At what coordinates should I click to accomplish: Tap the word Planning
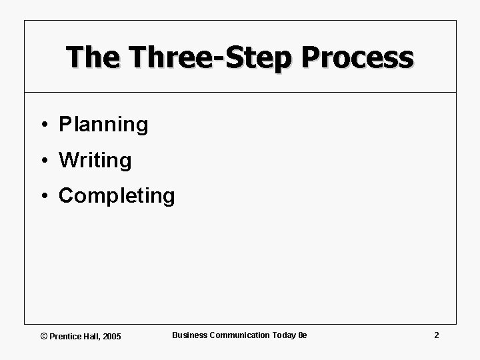103,125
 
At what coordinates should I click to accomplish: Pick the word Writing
95,160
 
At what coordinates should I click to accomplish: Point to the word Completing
117,196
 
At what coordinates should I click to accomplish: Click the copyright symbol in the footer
44,336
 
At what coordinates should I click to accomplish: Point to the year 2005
113,336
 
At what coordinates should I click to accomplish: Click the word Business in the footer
189,335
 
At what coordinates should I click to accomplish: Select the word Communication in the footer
239,335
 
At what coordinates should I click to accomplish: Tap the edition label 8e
302,335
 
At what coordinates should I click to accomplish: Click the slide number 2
436,335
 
